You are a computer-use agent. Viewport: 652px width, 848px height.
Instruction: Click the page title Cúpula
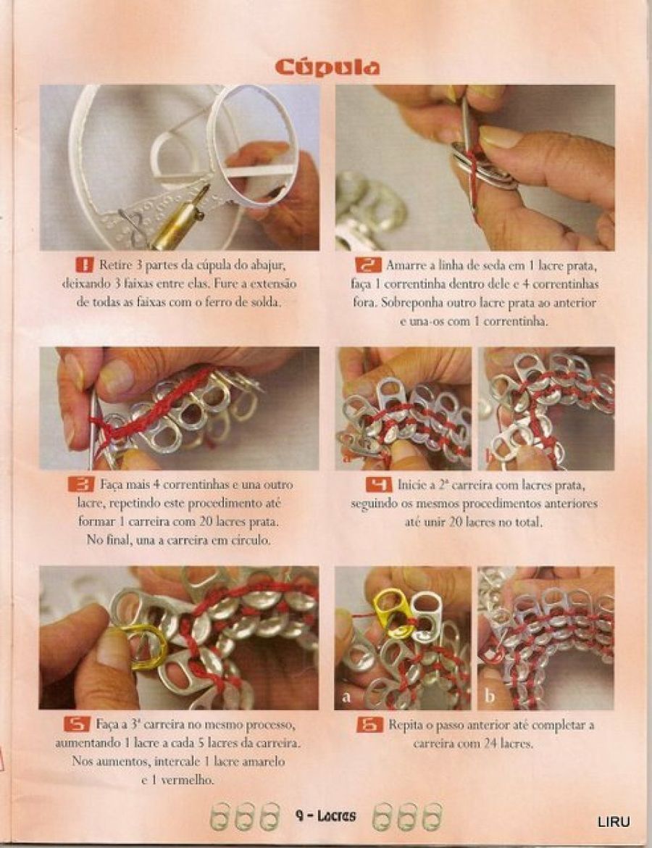(x=327, y=67)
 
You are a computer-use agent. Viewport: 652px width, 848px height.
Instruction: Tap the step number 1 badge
(x=84, y=265)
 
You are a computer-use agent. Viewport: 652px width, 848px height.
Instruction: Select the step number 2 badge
(x=368, y=265)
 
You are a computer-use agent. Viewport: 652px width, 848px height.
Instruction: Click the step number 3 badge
(x=80, y=484)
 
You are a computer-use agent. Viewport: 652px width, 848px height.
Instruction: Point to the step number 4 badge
(x=379, y=484)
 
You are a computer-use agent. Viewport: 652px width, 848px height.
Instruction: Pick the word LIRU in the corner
(x=614, y=822)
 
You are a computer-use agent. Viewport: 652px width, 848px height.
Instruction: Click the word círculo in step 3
(x=248, y=540)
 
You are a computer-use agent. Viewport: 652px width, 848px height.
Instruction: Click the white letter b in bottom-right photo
(x=489, y=696)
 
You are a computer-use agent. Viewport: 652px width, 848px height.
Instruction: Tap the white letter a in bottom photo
(x=346, y=698)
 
